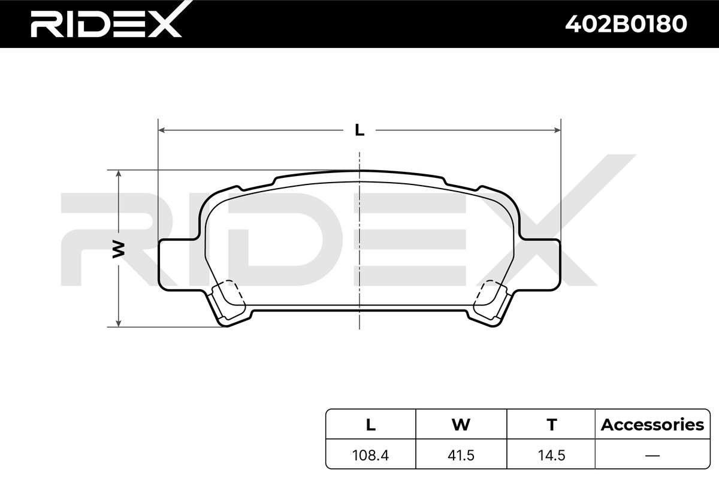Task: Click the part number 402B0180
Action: pyautogui.click(x=626, y=24)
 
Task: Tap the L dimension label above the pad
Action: pyautogui.click(x=359, y=130)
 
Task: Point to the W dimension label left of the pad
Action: pyautogui.click(x=119, y=250)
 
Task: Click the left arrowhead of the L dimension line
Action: pyautogui.click(x=161, y=130)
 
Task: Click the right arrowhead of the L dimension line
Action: pyautogui.click(x=558, y=130)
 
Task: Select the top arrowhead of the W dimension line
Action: pyautogui.click(x=119, y=174)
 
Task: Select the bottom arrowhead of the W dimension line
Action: pyautogui.click(x=119, y=323)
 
